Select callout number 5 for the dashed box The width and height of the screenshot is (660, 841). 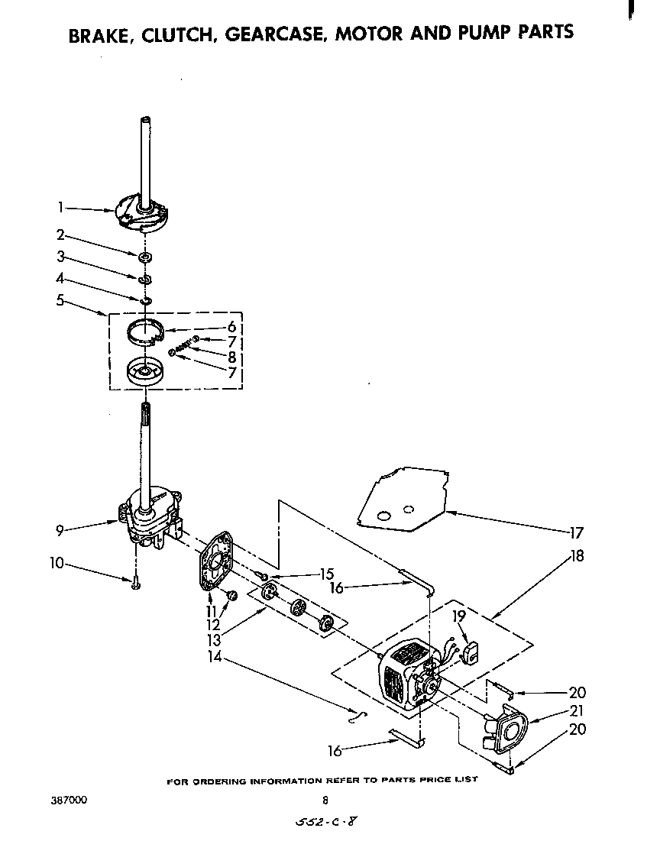60,300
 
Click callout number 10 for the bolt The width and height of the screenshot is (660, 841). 57,564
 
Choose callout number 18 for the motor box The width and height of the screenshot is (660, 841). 577,556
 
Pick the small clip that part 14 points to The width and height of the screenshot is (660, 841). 356,716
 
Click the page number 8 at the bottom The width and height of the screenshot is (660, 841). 325,801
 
